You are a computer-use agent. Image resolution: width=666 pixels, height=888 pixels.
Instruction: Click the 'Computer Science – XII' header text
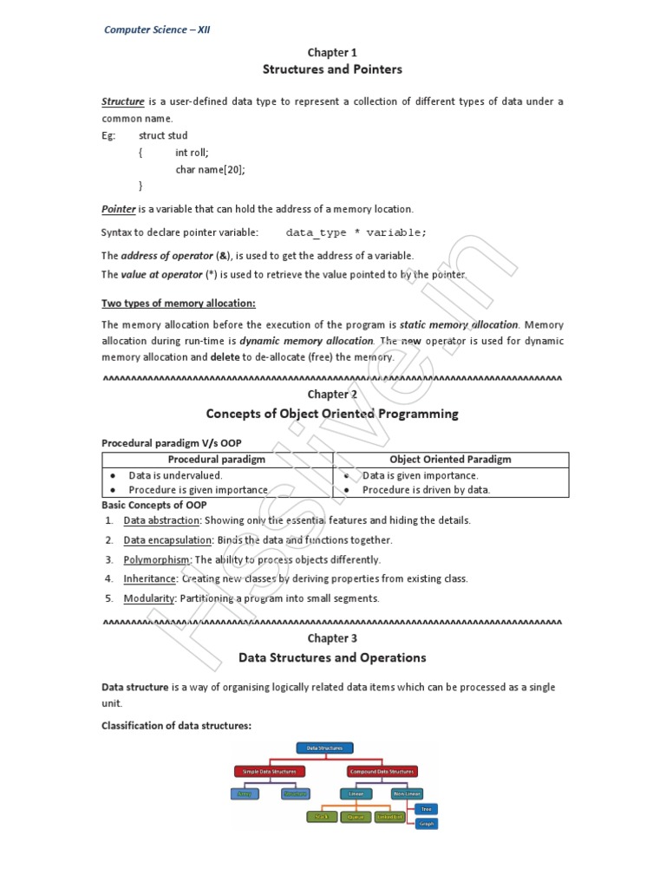pyautogui.click(x=157, y=29)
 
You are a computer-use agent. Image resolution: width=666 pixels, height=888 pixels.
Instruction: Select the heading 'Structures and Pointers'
pyautogui.click(x=333, y=69)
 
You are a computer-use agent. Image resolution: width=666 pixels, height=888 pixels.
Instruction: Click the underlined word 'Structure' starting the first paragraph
pyautogui.click(x=123, y=101)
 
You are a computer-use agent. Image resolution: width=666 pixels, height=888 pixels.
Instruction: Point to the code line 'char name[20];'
pyautogui.click(x=210, y=169)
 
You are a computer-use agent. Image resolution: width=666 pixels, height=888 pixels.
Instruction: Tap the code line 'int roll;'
pyautogui.click(x=192, y=153)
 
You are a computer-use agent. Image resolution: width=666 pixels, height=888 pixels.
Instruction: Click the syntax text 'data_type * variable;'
pyautogui.click(x=356, y=232)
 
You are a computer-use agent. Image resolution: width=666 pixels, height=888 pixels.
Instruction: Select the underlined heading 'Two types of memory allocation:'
pyautogui.click(x=179, y=303)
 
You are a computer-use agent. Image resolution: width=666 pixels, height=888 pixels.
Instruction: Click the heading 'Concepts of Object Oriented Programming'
pyautogui.click(x=333, y=414)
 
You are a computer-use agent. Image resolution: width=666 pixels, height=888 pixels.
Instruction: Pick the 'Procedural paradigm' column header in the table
pyautogui.click(x=218, y=460)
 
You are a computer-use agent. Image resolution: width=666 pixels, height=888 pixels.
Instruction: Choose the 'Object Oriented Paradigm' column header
pyautogui.click(x=450, y=460)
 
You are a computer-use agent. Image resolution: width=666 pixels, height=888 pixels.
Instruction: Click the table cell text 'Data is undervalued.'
pyautogui.click(x=175, y=475)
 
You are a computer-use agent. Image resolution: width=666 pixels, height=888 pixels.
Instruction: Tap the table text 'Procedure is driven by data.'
pyautogui.click(x=426, y=490)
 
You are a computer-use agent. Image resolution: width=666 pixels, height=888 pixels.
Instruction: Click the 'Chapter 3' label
pyautogui.click(x=333, y=638)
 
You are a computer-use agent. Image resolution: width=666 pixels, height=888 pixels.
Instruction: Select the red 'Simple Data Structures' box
pyautogui.click(x=269, y=771)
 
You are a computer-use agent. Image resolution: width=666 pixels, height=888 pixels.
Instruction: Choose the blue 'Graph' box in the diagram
pyautogui.click(x=426, y=824)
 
